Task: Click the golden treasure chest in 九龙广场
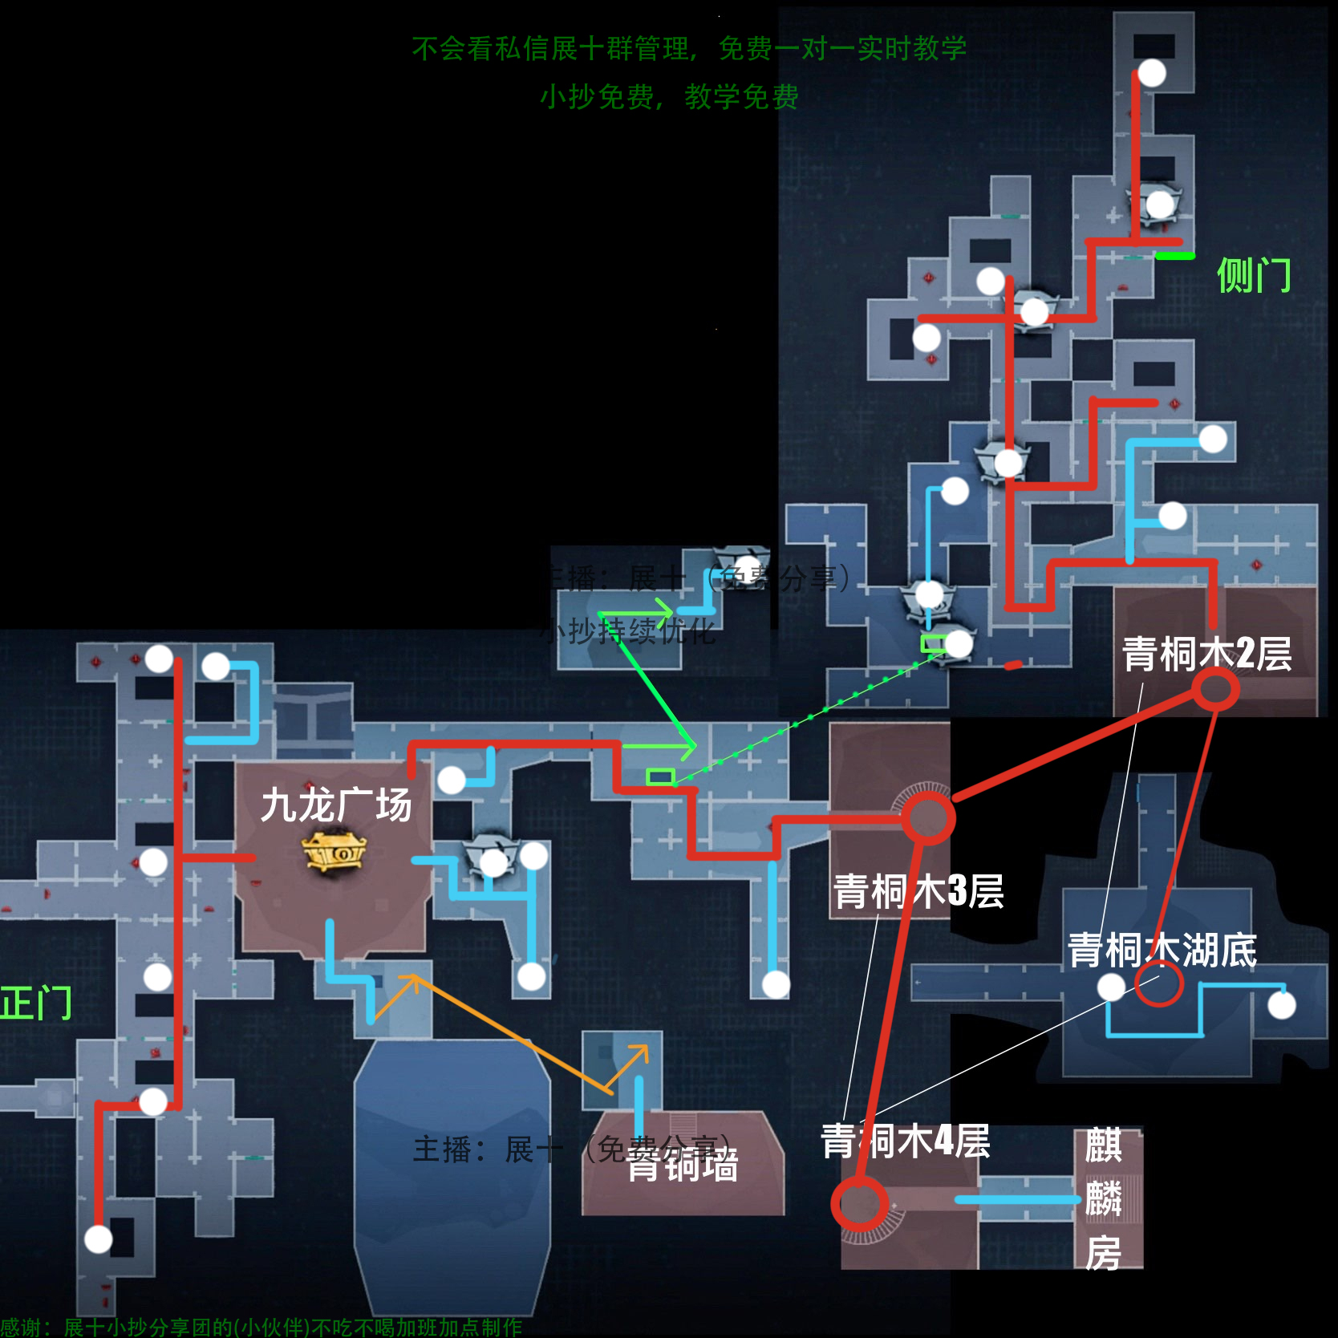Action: pos(334,853)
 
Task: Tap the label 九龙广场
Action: pos(336,805)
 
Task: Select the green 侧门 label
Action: pos(1253,276)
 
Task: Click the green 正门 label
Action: pos(36,1003)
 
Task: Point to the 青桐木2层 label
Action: pos(1206,654)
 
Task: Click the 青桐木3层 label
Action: pos(918,891)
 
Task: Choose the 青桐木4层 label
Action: pos(905,1141)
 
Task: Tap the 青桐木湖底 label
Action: pos(1162,951)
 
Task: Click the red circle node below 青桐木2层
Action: pos(1215,689)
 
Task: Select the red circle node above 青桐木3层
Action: pos(928,818)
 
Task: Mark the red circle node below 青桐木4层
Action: pos(859,1203)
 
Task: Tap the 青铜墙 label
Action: pos(683,1166)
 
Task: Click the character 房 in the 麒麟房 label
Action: pos(1103,1254)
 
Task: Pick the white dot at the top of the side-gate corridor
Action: pos(1152,73)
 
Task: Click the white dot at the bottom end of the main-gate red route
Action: pos(99,1239)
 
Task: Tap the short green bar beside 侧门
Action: pos(1174,256)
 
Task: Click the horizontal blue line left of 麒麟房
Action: pos(1017,1200)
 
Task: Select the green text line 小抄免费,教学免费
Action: pos(669,97)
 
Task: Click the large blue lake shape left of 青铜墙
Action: pos(452,1163)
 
